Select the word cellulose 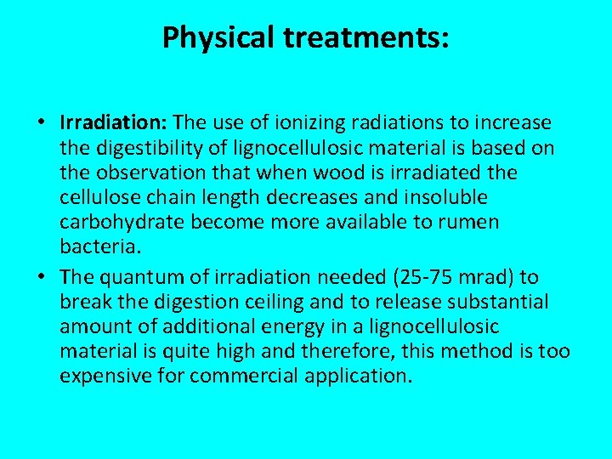click(x=98, y=197)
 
